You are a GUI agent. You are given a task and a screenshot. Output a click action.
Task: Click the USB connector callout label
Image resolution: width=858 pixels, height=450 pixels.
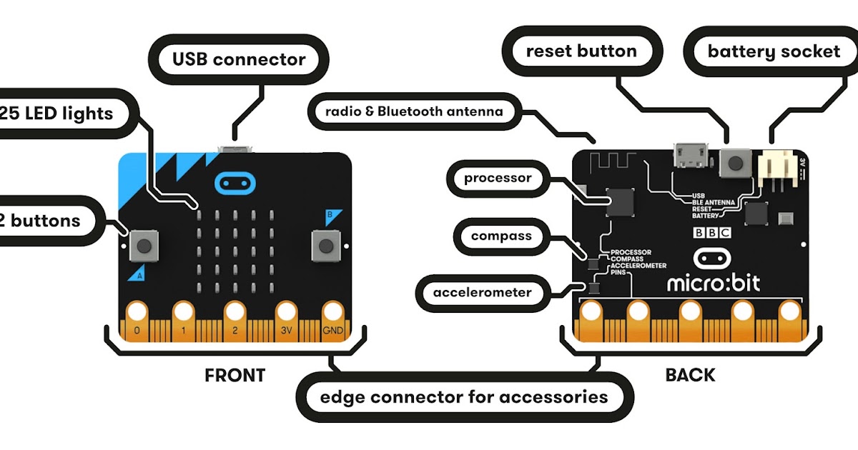tap(239, 60)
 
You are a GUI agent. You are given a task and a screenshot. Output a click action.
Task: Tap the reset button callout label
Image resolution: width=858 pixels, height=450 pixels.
tap(581, 51)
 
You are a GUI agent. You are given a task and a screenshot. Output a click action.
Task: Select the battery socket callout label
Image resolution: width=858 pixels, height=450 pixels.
tap(774, 51)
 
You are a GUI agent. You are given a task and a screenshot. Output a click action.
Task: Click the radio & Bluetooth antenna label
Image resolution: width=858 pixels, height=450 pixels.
tap(414, 111)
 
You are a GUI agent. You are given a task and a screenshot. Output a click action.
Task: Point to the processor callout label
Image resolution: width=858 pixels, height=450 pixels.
tap(498, 178)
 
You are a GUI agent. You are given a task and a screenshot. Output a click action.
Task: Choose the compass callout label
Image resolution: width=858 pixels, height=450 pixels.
tap(500, 236)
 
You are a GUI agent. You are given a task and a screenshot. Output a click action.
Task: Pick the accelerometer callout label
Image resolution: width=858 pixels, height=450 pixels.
tap(482, 292)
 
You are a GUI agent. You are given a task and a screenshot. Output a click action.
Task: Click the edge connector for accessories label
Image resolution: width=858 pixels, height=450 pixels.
tap(464, 396)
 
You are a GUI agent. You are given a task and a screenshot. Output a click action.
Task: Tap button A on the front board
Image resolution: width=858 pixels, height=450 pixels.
tap(144, 247)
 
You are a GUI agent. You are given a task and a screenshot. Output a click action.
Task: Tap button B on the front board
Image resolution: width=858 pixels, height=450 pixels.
tap(326, 247)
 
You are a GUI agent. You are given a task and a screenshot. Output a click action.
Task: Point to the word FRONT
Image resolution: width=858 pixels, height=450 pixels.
tap(235, 375)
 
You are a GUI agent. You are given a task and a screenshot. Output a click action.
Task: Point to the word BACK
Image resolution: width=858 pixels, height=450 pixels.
tap(690, 375)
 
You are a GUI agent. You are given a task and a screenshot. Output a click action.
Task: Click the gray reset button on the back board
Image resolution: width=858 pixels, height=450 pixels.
tap(734, 163)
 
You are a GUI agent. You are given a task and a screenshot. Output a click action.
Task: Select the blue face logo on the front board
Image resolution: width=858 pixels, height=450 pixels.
tap(234, 184)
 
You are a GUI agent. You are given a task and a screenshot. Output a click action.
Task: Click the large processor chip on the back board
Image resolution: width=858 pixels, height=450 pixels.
tap(619, 202)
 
